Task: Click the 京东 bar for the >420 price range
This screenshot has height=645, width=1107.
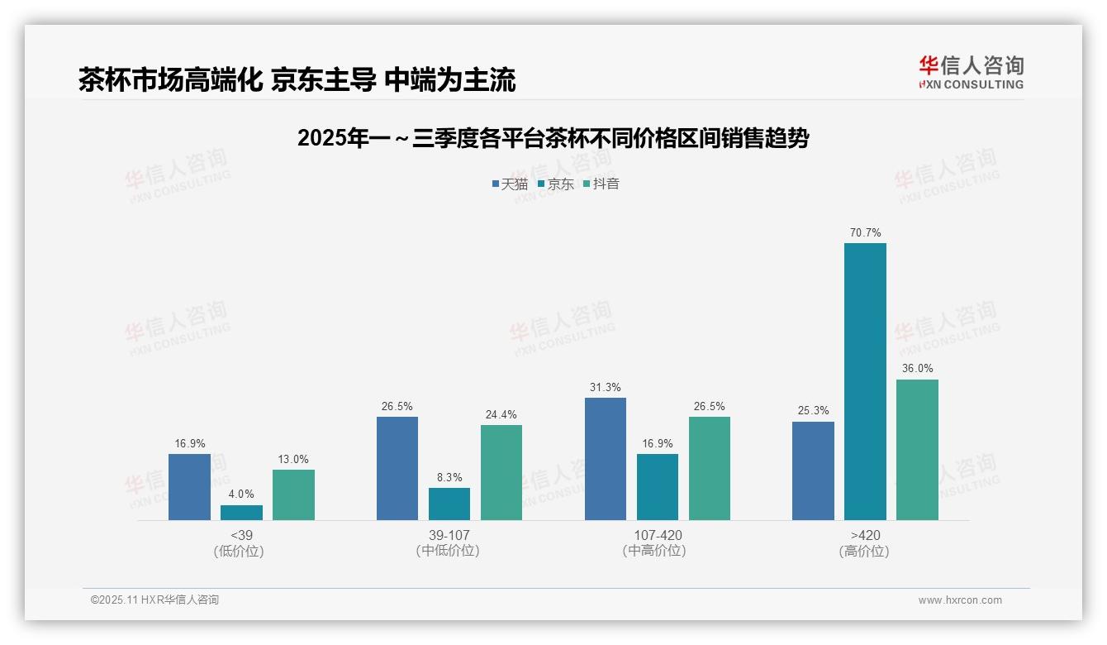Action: (865, 381)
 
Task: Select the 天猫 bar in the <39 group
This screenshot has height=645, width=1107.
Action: (189, 487)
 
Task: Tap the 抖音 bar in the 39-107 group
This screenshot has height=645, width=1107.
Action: (501, 472)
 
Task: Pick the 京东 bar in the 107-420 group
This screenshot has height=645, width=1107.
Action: (658, 487)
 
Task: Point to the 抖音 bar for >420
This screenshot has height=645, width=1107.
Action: (917, 450)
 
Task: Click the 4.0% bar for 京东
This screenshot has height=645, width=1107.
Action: (241, 513)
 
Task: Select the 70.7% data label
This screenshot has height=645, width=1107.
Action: (865, 233)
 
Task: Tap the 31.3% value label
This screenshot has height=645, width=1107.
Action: (606, 388)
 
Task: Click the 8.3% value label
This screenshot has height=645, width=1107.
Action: (449, 478)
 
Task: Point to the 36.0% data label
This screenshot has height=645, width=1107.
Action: (917, 369)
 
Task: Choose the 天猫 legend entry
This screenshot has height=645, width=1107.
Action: (510, 184)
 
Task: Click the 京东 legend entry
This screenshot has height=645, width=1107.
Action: (555, 184)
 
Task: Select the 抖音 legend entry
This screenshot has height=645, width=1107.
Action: (601, 184)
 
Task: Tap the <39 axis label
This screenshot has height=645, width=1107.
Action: (241, 535)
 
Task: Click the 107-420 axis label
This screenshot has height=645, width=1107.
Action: (658, 535)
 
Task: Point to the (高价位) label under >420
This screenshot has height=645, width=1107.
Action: (865, 552)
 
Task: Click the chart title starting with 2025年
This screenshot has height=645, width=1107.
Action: (553, 138)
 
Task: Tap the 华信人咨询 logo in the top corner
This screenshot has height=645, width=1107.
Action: (971, 72)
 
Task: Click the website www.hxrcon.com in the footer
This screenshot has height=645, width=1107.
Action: (960, 600)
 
